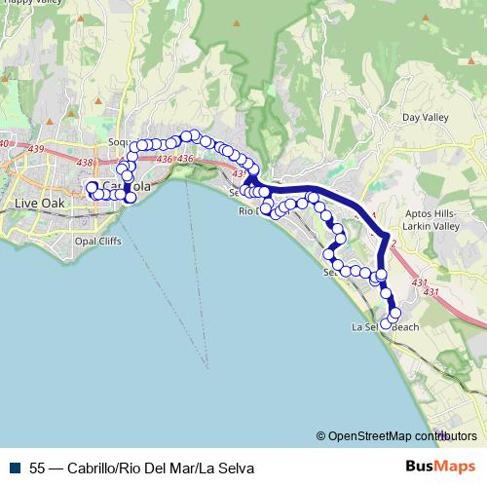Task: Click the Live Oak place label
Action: coord(38,203)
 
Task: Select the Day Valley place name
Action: coord(425,118)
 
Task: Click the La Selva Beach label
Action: coord(385,327)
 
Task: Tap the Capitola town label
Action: coord(126,186)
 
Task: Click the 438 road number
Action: coord(84,163)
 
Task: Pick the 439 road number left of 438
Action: coord(64,149)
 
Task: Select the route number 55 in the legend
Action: coord(38,468)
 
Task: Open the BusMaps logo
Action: coord(439,467)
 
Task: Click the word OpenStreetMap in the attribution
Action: coord(369,436)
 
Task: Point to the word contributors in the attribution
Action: coord(445,436)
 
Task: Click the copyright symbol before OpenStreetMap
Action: coord(321,436)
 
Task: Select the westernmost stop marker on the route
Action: coord(92,186)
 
